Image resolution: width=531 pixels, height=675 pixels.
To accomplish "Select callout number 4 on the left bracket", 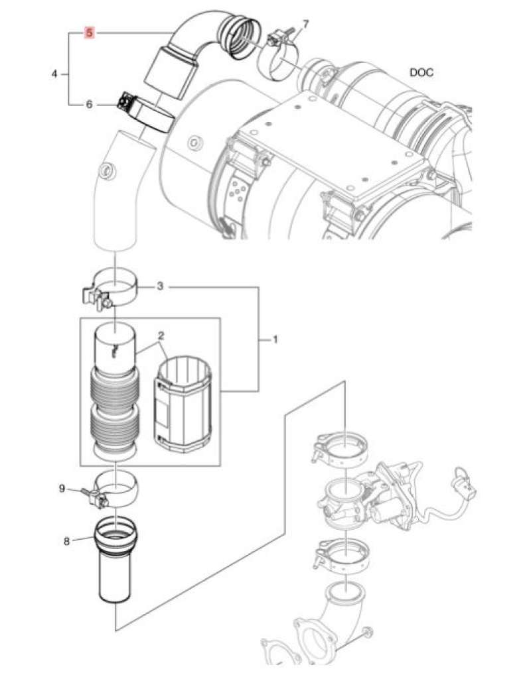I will point(54,74).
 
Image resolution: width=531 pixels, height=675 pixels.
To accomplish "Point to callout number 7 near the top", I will point(305,25).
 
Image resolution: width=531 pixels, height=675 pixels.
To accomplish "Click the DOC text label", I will point(421,72).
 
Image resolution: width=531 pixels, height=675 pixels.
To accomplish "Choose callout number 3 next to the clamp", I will point(160,287).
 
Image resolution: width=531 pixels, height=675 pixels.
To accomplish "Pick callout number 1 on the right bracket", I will point(273,339).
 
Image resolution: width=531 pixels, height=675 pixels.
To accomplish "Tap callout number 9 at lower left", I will point(62,489).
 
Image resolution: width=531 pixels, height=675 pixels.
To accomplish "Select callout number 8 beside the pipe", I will point(66,540).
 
